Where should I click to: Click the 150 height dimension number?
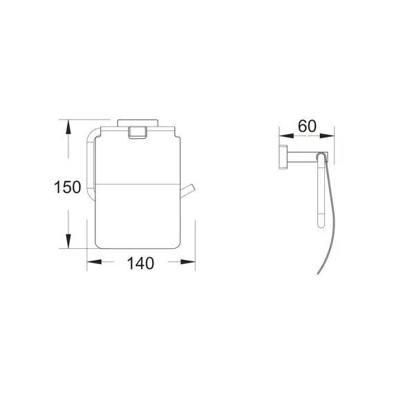pos(68,187)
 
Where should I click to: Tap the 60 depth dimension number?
pos(306,126)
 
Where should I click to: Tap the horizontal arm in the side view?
pos(302,157)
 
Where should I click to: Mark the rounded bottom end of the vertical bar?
pos(319,224)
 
